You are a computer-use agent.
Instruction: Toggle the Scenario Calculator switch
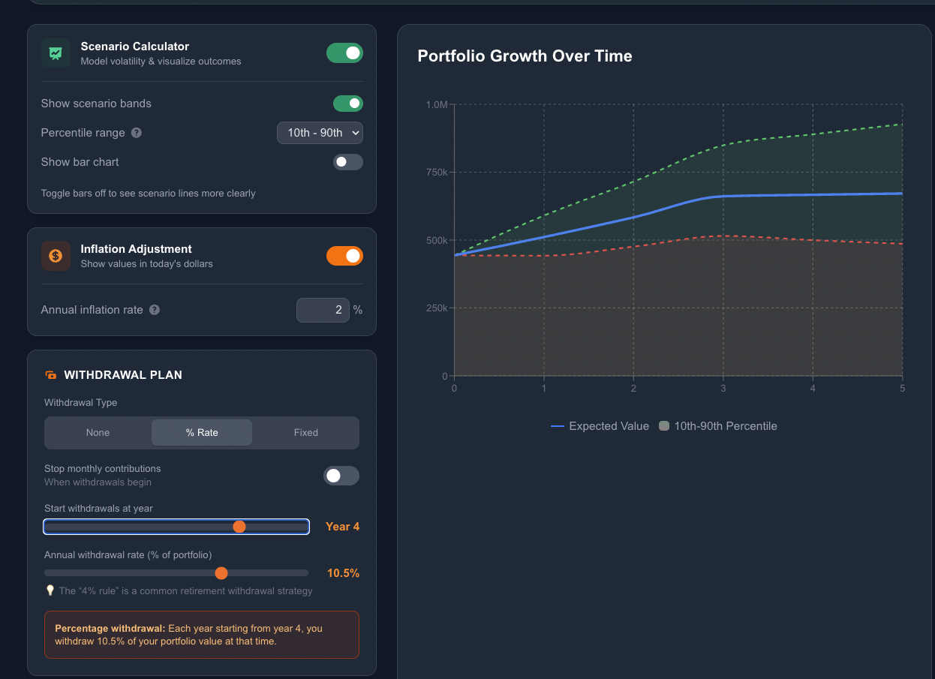(344, 53)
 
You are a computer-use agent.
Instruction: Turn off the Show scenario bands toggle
(347, 104)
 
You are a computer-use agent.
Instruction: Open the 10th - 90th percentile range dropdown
(320, 133)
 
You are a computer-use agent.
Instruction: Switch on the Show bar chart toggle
(347, 162)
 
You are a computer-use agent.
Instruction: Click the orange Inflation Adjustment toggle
(344, 256)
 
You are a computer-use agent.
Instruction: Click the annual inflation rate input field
(323, 310)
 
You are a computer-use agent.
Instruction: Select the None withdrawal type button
(98, 433)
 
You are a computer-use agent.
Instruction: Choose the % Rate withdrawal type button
(201, 433)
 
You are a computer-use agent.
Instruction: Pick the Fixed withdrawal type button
(305, 433)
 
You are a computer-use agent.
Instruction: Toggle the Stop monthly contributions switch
(341, 476)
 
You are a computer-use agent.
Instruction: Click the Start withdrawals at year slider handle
(239, 527)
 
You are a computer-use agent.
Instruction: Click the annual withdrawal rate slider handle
(221, 573)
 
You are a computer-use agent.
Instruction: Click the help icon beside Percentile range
(137, 133)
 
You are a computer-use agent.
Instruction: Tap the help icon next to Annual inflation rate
(155, 310)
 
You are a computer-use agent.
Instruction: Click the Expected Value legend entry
(600, 426)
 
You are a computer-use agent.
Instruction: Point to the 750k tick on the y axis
(436, 173)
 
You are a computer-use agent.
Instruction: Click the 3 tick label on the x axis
(723, 389)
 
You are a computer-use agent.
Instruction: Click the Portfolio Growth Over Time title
(525, 56)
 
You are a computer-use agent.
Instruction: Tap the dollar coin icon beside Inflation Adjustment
(56, 256)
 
